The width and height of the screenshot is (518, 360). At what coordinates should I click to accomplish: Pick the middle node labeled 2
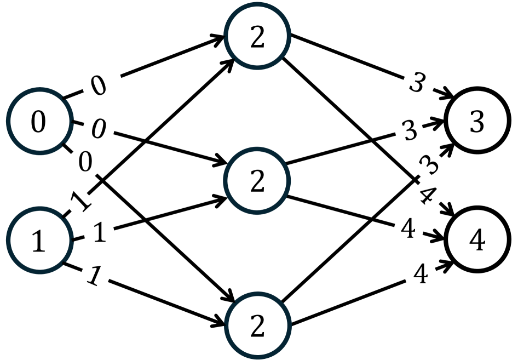click(257, 182)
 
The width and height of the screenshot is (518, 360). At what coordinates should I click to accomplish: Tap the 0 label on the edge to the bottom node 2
click(85, 162)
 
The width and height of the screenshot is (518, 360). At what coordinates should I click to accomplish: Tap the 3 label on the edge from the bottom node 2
click(430, 165)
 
